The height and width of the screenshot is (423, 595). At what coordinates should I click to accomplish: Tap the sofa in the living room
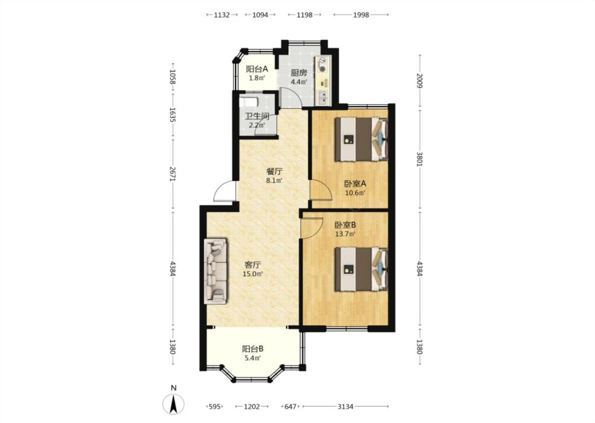(216, 271)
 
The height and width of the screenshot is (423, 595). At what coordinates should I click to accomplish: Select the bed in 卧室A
(361, 139)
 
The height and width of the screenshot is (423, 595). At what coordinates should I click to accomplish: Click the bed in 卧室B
(361, 269)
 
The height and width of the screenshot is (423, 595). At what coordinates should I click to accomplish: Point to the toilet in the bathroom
(249, 102)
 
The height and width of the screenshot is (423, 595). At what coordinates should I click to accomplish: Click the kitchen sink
(323, 98)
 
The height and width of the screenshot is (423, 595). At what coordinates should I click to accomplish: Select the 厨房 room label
(299, 73)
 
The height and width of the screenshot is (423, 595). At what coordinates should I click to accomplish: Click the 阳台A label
(257, 69)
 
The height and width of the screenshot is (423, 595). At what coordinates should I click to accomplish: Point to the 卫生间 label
(257, 116)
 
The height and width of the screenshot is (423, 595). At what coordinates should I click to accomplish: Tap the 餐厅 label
(274, 171)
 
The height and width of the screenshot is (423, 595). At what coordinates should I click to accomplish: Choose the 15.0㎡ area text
(253, 274)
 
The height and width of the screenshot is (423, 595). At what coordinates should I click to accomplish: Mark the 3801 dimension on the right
(419, 159)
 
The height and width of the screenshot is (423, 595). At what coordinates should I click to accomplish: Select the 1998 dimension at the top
(361, 15)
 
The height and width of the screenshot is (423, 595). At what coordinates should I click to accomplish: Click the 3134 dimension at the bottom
(345, 407)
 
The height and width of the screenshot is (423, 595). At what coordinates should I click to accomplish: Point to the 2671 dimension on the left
(172, 173)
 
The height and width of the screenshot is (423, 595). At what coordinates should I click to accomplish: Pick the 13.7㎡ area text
(345, 234)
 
